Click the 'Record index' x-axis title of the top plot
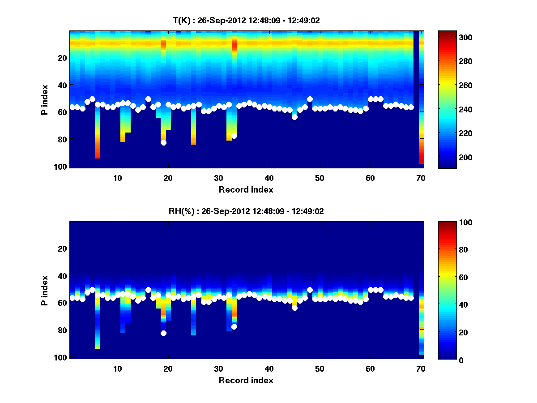pyautogui.click(x=246, y=189)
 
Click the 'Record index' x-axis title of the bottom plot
pyautogui.click(x=246, y=380)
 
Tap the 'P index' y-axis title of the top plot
pyautogui.click(x=45, y=99)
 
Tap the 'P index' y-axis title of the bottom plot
pyautogui.click(x=45, y=290)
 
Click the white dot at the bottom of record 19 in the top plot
pyautogui.click(x=163, y=142)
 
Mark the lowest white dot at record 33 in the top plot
pyautogui.click(x=234, y=136)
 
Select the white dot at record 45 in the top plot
pyautogui.click(x=294, y=117)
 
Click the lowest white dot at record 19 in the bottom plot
pyautogui.click(x=163, y=333)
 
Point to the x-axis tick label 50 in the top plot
pyautogui.click(x=320, y=177)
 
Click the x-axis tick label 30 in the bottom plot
pyautogui.click(x=218, y=368)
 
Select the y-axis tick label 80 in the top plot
pyautogui.click(x=62, y=139)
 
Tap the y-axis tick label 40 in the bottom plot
pyautogui.click(x=62, y=275)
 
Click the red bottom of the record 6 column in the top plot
pyautogui.click(x=98, y=155)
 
